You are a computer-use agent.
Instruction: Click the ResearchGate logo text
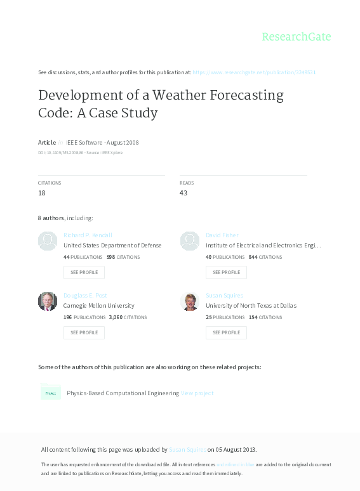pos(297,37)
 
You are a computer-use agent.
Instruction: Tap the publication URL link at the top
pos(254,72)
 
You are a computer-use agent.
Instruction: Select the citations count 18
pos(42,193)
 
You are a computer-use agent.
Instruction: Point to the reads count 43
pos(183,193)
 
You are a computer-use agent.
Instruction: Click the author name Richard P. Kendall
pos(88,235)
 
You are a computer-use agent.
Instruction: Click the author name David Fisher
pos(222,235)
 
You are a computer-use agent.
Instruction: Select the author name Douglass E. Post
pos(86,296)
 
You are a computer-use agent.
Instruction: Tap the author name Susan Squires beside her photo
pos(225,296)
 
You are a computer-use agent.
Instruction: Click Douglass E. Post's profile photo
pos(48,301)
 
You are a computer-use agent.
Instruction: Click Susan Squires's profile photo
pos(190,301)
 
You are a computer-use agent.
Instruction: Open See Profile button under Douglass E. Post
pos(84,332)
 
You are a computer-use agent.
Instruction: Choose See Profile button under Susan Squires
pos(226,332)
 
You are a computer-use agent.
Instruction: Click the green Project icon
pos(50,393)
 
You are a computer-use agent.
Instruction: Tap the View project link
pos(197,393)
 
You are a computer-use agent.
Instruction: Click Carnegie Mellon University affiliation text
pos(99,306)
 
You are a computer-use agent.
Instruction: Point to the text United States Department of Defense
pos(112,245)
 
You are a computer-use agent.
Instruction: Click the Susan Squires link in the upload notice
pos(187,450)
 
